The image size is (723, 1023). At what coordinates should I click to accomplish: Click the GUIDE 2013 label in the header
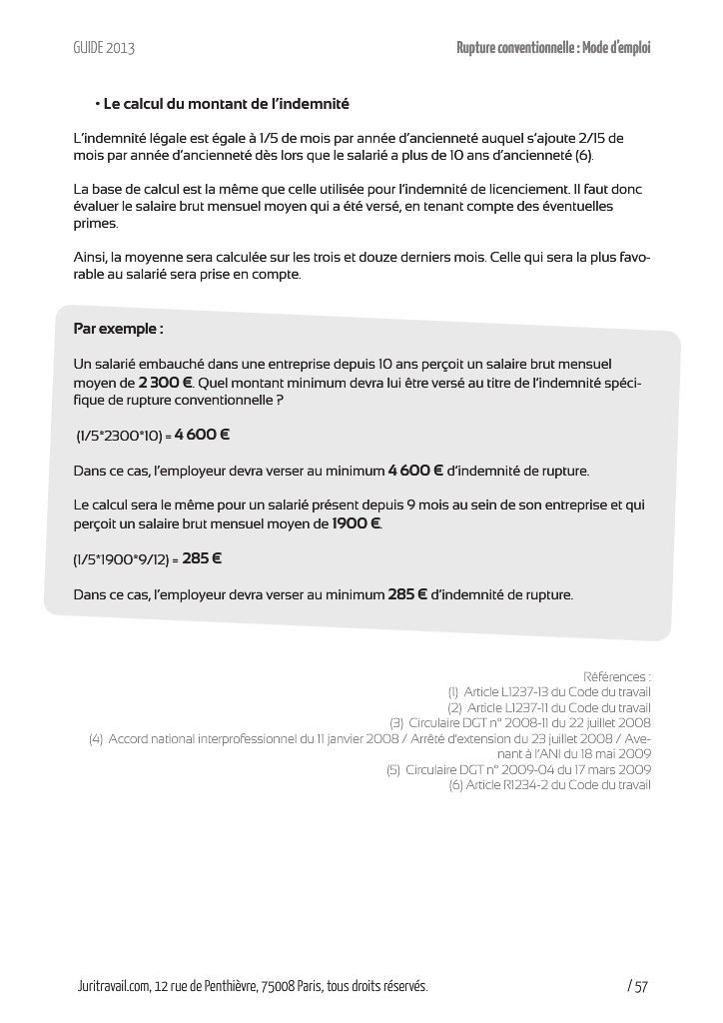click(104, 48)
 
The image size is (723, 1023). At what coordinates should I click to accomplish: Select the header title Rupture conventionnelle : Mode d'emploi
click(553, 48)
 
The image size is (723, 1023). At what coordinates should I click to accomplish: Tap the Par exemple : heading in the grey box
click(118, 329)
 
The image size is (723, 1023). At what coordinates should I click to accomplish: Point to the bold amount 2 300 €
click(165, 383)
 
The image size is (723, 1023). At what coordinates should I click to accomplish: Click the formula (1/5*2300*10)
click(120, 436)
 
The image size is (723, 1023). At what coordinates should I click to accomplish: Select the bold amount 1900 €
click(357, 523)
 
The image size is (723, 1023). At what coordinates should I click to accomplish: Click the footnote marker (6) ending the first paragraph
click(584, 157)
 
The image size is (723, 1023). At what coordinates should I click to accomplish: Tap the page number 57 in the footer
click(640, 987)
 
